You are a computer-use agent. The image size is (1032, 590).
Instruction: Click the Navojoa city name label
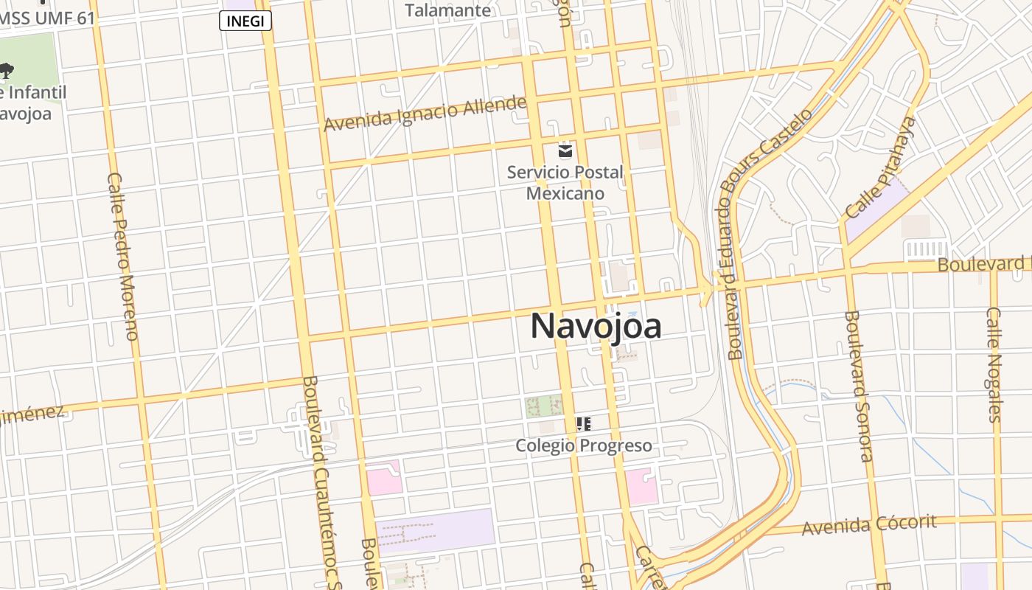click(x=596, y=327)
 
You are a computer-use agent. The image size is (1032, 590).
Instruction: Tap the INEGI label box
click(x=245, y=21)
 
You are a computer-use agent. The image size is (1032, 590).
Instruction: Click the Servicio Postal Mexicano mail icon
click(x=565, y=151)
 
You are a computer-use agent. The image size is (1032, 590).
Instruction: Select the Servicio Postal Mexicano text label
click(x=565, y=183)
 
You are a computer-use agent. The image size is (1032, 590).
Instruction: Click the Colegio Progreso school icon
click(x=583, y=424)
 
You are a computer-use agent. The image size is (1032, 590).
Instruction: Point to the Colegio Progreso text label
click(x=583, y=445)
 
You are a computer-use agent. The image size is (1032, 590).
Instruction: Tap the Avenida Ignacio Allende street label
click(x=425, y=114)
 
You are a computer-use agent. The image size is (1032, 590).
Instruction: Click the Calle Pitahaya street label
click(x=881, y=168)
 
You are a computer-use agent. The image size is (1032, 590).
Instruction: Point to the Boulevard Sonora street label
click(x=859, y=385)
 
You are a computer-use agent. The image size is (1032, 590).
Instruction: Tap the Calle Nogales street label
click(x=994, y=364)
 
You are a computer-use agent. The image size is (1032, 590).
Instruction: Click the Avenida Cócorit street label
click(x=869, y=525)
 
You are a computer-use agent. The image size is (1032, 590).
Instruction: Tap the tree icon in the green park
click(x=7, y=72)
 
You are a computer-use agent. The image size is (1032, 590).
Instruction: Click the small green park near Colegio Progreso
click(x=544, y=405)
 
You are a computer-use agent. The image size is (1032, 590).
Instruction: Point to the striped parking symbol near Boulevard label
click(x=926, y=250)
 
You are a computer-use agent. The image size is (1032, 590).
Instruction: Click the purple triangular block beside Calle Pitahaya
click(x=874, y=213)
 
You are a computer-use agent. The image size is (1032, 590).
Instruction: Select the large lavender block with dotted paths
click(x=434, y=530)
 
